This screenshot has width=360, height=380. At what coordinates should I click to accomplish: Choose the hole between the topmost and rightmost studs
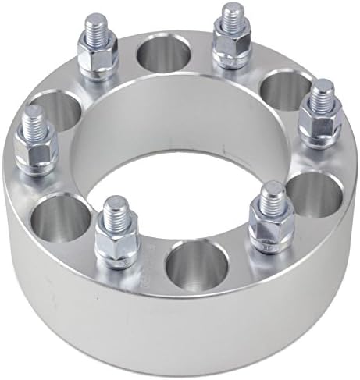click(279, 90)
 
